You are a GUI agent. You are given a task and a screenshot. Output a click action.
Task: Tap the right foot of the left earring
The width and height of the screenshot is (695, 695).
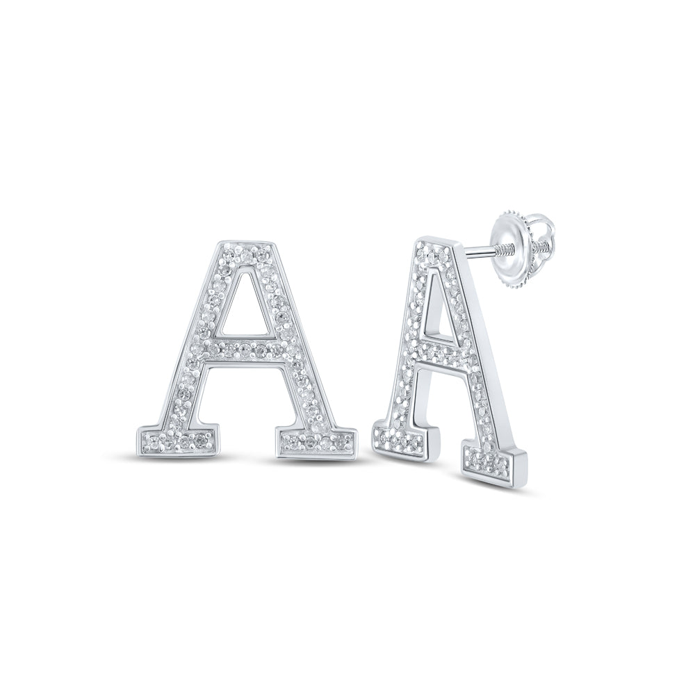pos(316,440)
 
